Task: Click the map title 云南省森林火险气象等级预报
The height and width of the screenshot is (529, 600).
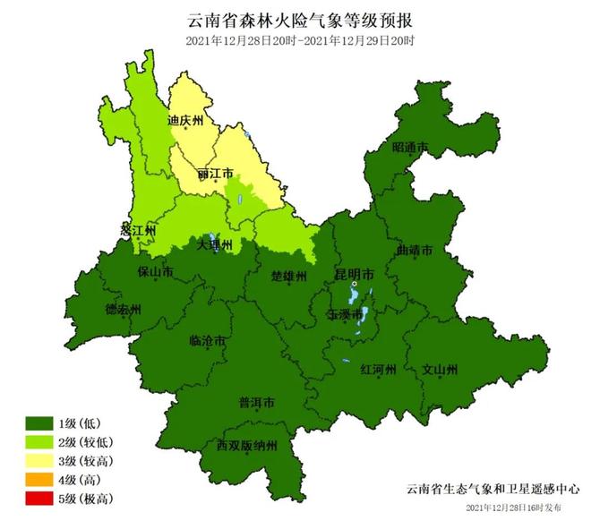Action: point(301,19)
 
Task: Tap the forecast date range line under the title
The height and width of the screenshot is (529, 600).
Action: point(301,41)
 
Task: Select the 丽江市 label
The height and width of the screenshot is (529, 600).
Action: point(215,173)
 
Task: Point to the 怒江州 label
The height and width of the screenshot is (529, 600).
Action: point(138,230)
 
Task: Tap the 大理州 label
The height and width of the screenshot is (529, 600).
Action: point(214,243)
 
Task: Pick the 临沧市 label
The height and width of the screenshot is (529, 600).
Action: point(208,341)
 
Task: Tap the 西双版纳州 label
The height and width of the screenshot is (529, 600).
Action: point(247,445)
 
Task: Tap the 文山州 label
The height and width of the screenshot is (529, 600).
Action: point(440,368)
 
